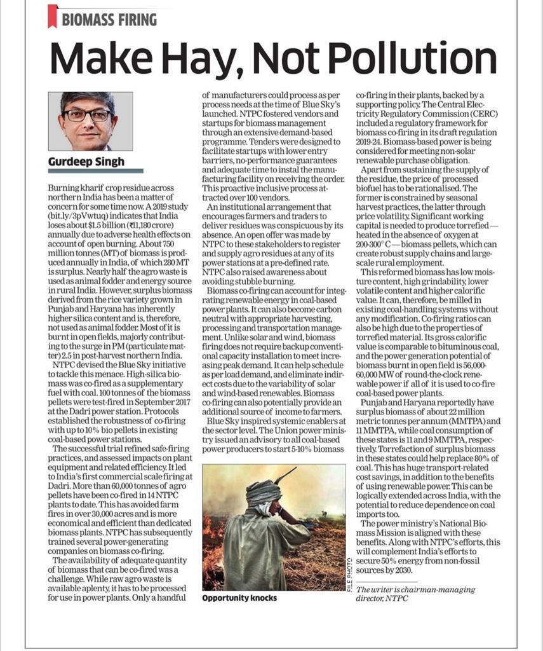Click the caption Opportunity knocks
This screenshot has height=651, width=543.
click(x=240, y=599)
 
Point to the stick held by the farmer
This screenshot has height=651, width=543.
click(x=283, y=476)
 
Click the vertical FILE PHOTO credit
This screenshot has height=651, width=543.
click(x=349, y=573)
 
